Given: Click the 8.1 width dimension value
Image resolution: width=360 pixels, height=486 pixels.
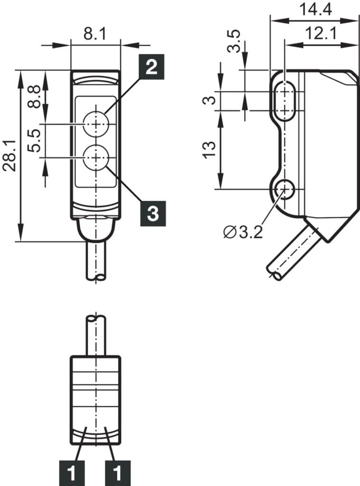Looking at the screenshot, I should pyautogui.click(x=95, y=34).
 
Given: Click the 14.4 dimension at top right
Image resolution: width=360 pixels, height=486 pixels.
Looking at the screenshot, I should pyautogui.click(x=315, y=9).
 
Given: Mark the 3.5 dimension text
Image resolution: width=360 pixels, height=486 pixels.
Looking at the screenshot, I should pyautogui.click(x=234, y=41).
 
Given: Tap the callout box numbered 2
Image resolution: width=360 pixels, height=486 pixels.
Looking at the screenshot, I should pyautogui.click(x=151, y=67).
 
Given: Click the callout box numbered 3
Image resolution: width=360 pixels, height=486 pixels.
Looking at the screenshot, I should pyautogui.click(x=152, y=214).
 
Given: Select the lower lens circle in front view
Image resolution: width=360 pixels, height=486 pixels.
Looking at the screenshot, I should pyautogui.click(x=96, y=157).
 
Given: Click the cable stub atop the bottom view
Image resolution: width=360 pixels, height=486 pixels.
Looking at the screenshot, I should pyautogui.click(x=96, y=335).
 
